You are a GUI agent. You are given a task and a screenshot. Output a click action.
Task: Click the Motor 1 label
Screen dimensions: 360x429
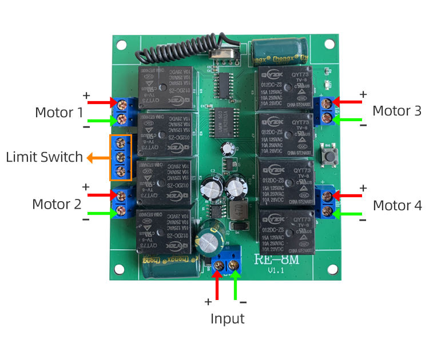[x=58, y=112]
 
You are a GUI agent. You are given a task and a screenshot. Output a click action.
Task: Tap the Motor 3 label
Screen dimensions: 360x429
[x=396, y=111]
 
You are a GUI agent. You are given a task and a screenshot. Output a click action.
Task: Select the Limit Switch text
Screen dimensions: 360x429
[x=44, y=157]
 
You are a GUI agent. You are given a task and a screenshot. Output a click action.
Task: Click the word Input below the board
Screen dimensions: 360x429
[x=227, y=318]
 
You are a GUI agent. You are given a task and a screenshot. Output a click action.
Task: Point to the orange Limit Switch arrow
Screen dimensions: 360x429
[x=97, y=158]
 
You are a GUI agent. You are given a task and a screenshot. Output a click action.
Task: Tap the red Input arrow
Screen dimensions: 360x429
[x=217, y=284]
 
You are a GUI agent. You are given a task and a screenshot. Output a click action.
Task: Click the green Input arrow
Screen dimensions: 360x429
[x=235, y=284]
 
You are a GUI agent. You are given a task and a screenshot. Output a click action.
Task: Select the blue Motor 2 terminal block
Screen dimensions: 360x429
[x=123, y=204]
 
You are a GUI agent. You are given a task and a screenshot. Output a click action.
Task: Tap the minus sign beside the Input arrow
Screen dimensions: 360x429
[x=243, y=302]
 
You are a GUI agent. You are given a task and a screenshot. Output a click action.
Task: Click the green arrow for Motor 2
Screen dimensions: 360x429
[x=103, y=213]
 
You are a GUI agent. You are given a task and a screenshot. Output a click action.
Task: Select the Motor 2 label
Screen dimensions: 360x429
[x=57, y=204]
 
